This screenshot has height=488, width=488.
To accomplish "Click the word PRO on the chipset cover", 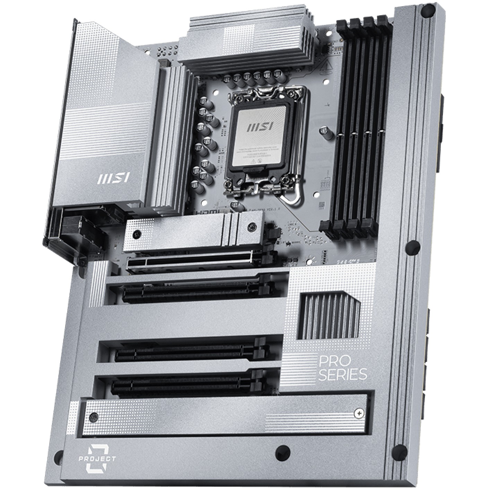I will click(x=331, y=363).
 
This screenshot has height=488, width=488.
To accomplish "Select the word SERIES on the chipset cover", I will click(x=342, y=375).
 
